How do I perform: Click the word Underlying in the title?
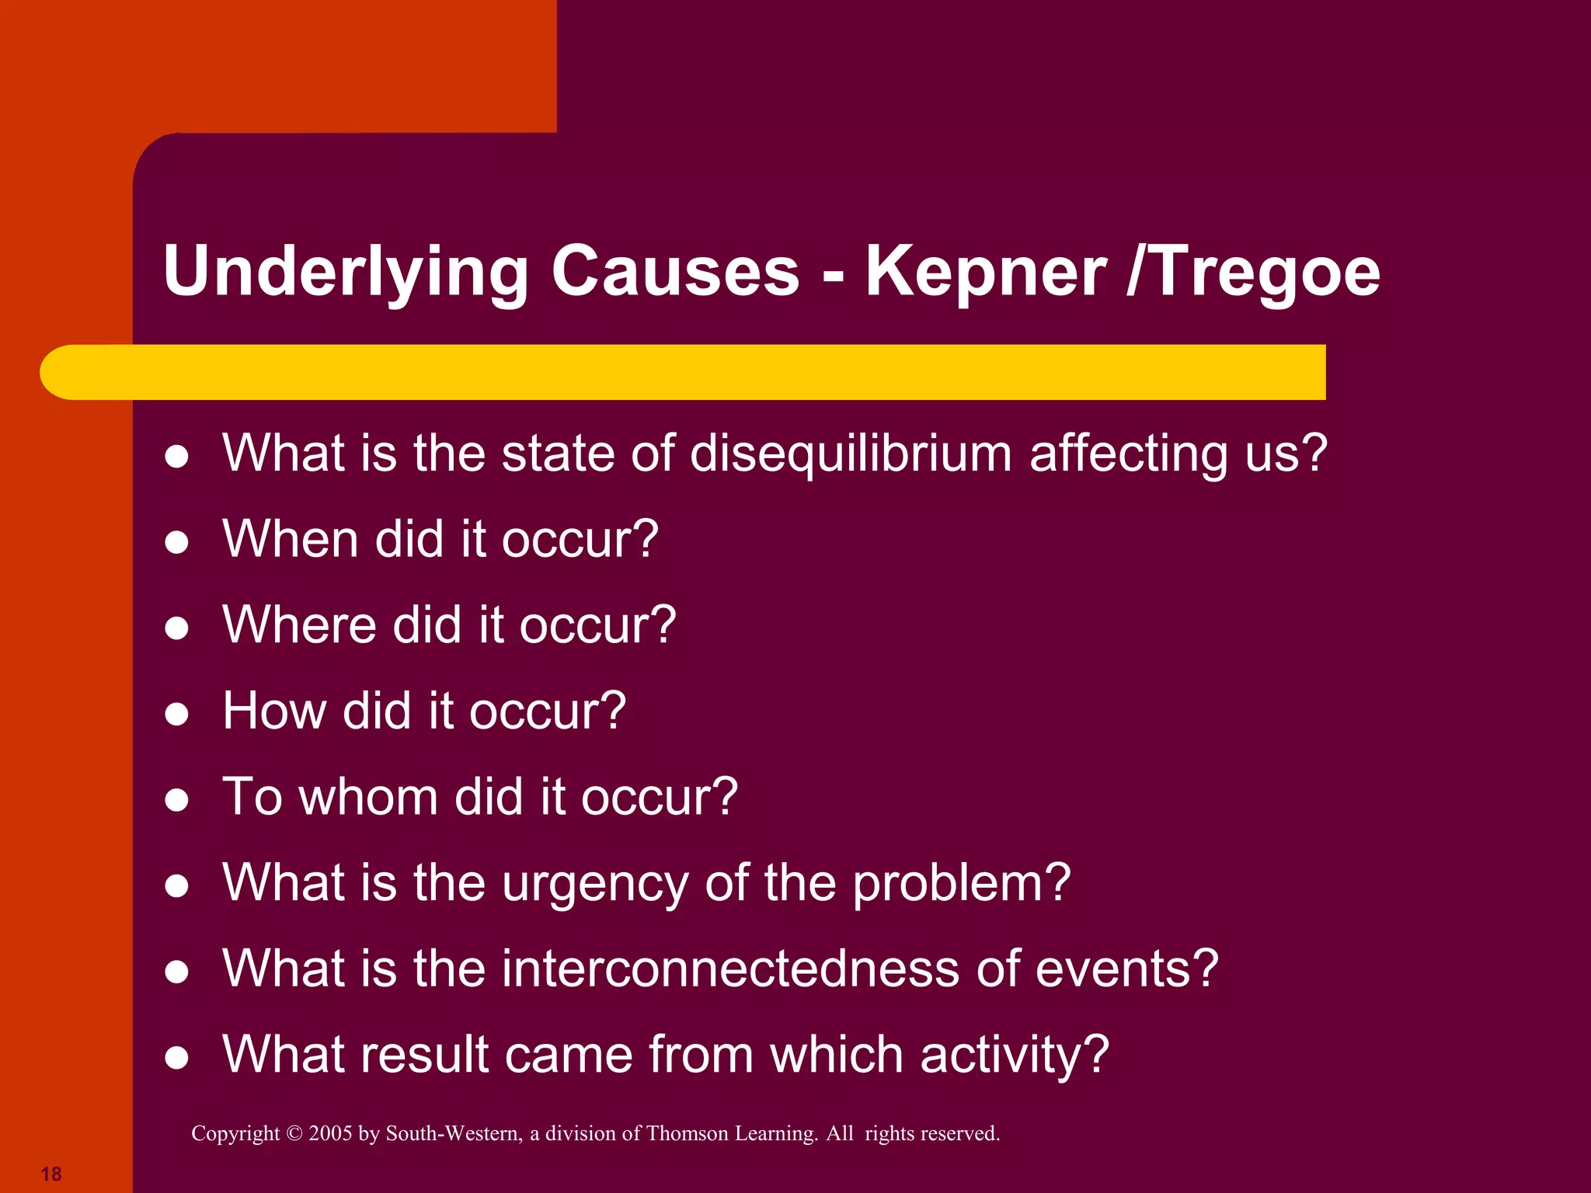[x=346, y=272]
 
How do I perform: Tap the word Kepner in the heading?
[x=986, y=272]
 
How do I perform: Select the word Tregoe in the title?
[x=1264, y=272]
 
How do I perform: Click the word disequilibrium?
[x=851, y=454]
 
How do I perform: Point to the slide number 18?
[x=51, y=1174]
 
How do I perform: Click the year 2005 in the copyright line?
[x=330, y=1134]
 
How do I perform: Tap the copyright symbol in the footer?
[x=294, y=1134]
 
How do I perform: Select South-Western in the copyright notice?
[x=454, y=1134]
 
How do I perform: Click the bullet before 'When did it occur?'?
[x=177, y=542]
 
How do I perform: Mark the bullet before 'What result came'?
[x=177, y=1057]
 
